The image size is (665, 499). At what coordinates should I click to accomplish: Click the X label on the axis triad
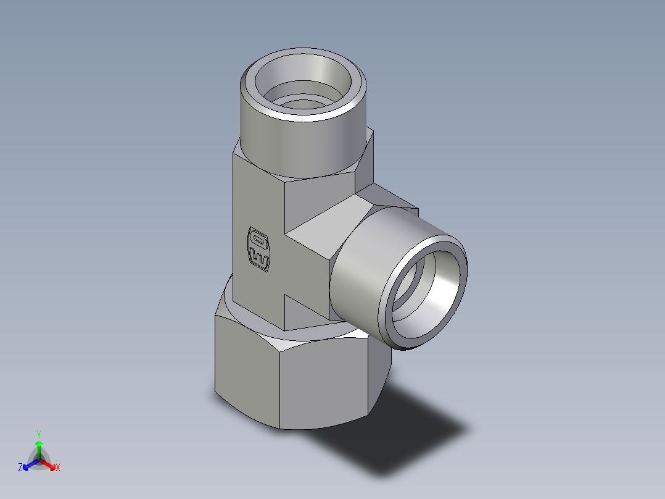click(x=58, y=468)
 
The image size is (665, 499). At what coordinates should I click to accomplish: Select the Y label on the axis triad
click(x=38, y=434)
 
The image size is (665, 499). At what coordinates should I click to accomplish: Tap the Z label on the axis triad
click(x=20, y=468)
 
